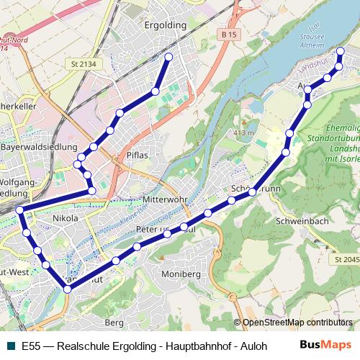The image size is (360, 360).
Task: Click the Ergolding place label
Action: click(166, 24)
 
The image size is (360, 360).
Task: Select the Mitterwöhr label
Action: click(165, 199)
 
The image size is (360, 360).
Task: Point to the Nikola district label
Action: click(66, 218)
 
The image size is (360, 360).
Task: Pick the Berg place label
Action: click(115, 323)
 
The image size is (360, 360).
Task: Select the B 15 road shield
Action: click(230, 35)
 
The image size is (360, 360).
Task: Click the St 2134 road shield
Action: click(84, 64)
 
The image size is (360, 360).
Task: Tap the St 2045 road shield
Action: click(346, 258)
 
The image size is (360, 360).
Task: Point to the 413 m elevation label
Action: click(245, 133)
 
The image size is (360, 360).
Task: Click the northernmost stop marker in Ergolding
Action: click(168, 56)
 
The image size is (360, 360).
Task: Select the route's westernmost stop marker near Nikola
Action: click(20, 210)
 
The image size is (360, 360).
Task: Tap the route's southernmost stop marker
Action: click(67, 289)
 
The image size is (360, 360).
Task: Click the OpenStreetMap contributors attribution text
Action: click(297, 323)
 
